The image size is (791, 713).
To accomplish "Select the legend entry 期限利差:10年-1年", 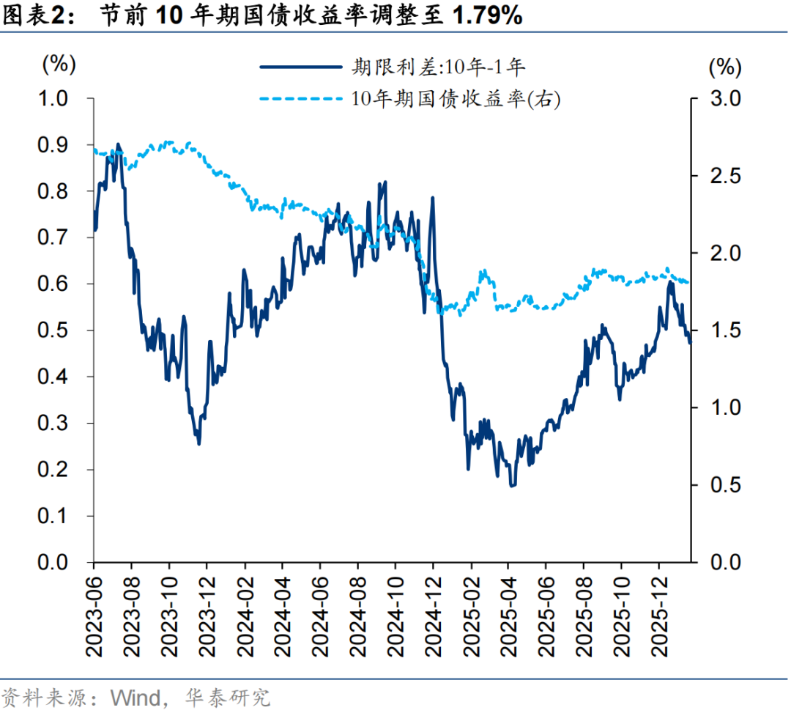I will point(438,67).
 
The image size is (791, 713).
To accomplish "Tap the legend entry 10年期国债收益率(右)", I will point(456,98).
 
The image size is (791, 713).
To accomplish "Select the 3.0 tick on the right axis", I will point(724,98).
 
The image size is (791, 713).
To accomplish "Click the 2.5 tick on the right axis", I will point(724,176).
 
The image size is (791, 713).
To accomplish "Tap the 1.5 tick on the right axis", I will point(724,330).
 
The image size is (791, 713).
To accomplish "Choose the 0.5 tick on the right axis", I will point(724,485).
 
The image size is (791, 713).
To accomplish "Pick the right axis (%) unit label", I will point(725,68).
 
